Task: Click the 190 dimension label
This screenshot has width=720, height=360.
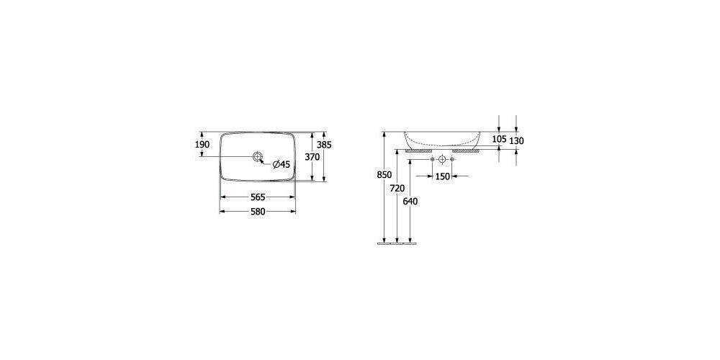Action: pyautogui.click(x=202, y=145)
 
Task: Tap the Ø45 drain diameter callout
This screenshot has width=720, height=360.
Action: pyautogui.click(x=280, y=164)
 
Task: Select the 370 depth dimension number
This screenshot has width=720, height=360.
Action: pyautogui.click(x=312, y=157)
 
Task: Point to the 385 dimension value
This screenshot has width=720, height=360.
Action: pyautogui.click(x=325, y=145)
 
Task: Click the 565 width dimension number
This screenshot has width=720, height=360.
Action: pyautogui.click(x=258, y=197)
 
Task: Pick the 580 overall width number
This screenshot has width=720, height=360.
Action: pyautogui.click(x=258, y=212)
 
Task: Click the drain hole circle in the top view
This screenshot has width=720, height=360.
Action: pyautogui.click(x=258, y=156)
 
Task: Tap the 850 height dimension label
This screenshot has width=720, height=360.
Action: pyautogui.click(x=384, y=175)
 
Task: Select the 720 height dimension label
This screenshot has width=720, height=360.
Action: pyautogui.click(x=397, y=188)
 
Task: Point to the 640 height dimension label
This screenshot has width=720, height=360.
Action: pyautogui.click(x=410, y=202)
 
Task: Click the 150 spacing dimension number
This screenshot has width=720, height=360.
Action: pyautogui.click(x=442, y=176)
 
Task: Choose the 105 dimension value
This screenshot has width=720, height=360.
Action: pyautogui.click(x=500, y=139)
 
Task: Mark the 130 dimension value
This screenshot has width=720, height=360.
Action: pyautogui.click(x=516, y=141)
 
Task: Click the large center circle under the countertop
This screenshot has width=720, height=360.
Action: pyautogui.click(x=442, y=158)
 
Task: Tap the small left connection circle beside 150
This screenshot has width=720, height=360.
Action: pyautogui.click(x=432, y=158)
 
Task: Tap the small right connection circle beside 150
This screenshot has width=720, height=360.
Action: pyautogui.click(x=452, y=158)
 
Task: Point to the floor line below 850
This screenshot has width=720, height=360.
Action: pyautogui.click(x=397, y=243)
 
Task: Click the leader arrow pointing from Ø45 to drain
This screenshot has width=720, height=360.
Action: pyautogui.click(x=266, y=161)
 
